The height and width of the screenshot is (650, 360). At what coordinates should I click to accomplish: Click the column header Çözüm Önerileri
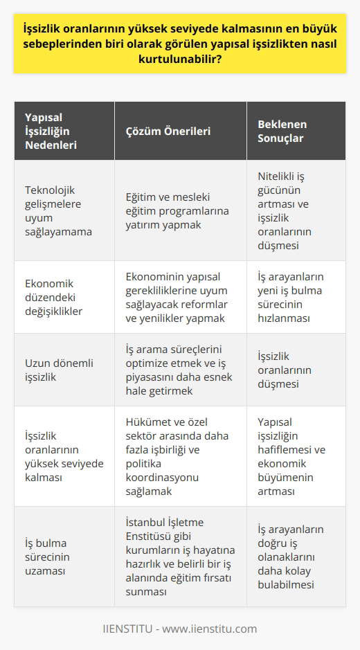(x=168, y=132)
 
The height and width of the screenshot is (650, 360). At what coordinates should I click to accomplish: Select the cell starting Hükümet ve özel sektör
(x=178, y=459)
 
